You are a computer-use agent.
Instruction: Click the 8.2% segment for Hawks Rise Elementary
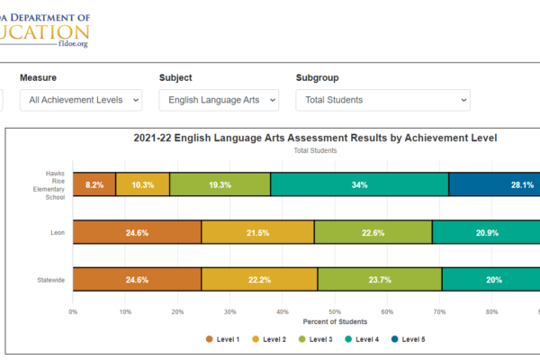[94, 184]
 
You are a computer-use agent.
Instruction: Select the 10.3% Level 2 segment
[143, 184]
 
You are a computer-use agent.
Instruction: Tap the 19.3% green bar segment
[220, 184]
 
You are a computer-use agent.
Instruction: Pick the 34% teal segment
[359, 184]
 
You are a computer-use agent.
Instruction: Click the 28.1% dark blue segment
[495, 184]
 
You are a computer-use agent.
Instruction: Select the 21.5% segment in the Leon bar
[257, 232]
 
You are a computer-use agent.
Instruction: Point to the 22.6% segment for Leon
[373, 232]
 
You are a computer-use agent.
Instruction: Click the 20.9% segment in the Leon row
[486, 232]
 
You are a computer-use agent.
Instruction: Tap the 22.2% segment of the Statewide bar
[259, 279]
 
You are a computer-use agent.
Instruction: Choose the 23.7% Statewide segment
[379, 279]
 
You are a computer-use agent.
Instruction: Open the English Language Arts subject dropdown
[220, 100]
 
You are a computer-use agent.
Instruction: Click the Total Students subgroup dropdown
[382, 100]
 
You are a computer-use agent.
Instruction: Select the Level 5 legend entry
[409, 339]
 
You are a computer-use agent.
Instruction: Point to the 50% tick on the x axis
[334, 312]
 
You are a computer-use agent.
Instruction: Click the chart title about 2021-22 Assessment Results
[315, 139]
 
